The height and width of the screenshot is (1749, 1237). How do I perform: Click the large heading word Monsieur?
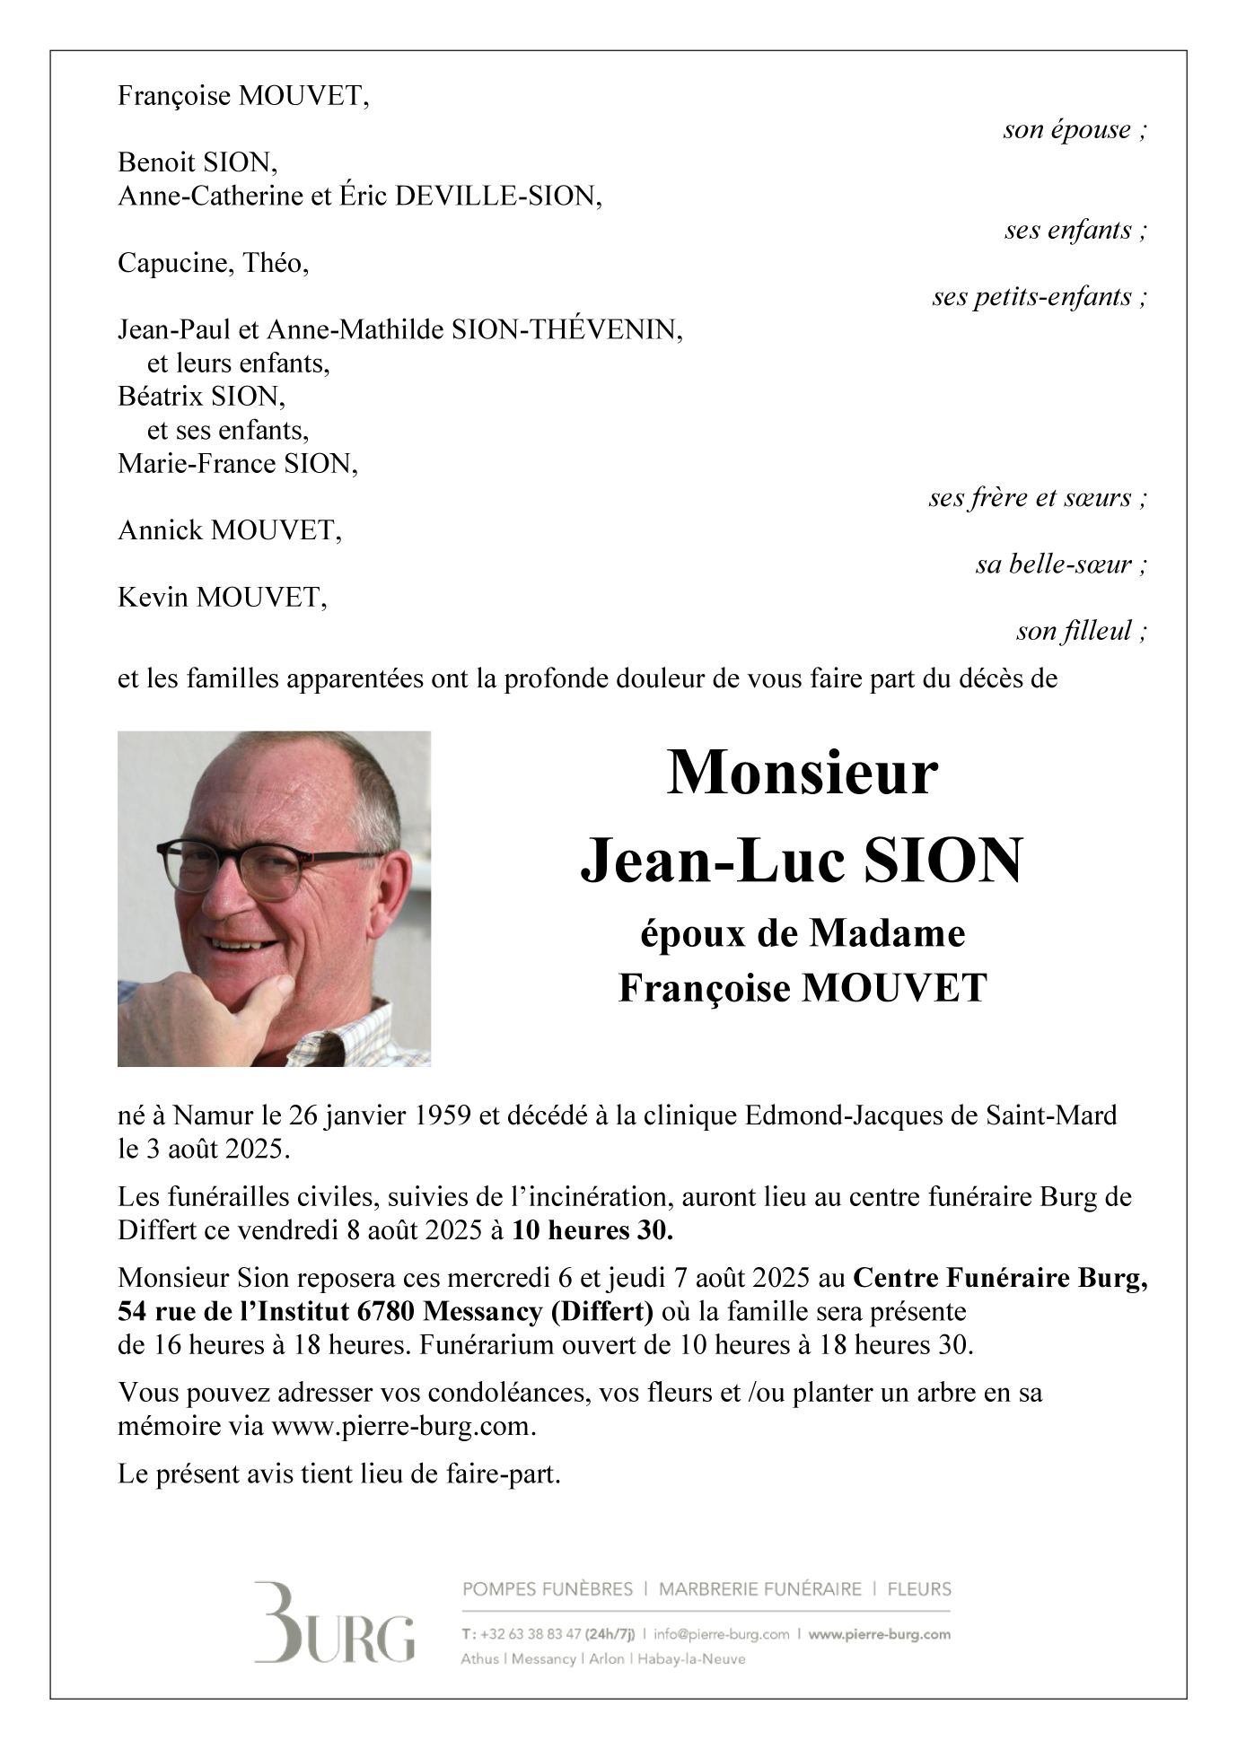[802, 774]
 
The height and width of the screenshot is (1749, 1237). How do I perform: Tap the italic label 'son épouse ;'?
[1075, 130]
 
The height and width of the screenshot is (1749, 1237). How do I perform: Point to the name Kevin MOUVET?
[222, 598]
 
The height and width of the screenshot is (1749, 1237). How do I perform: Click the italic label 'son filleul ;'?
[1081, 632]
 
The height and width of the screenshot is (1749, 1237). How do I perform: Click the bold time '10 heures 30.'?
[592, 1230]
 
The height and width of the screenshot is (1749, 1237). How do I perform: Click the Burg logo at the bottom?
[334, 1622]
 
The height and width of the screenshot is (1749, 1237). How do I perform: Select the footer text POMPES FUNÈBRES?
[548, 1589]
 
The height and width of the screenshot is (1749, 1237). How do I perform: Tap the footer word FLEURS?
[919, 1589]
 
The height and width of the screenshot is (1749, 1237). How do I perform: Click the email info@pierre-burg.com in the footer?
[722, 1634]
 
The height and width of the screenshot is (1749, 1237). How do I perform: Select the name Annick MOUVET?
[229, 531]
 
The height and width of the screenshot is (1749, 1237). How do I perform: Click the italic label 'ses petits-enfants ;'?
[1040, 297]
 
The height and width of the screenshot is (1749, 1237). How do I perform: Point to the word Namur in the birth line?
[205, 1116]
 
